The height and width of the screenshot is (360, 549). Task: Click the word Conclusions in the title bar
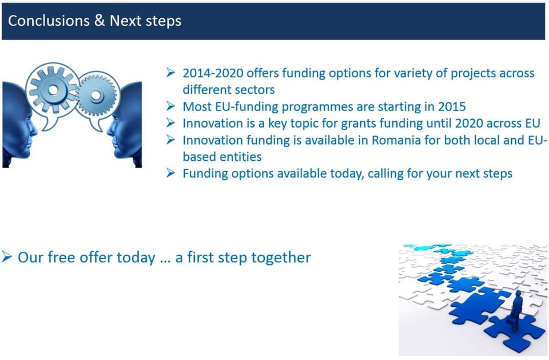(49, 21)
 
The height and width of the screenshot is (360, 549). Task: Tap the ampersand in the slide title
(100, 21)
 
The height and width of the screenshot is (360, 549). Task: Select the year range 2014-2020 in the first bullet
(213, 73)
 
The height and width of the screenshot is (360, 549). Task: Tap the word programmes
(317, 107)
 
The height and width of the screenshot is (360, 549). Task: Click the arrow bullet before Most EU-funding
(170, 106)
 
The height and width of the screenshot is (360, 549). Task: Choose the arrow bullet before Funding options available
(170, 173)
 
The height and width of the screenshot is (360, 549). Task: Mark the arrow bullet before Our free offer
(7, 257)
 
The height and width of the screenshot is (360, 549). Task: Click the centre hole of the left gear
(53, 90)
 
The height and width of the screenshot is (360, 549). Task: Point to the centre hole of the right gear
(96, 94)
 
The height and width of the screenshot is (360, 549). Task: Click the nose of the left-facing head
(35, 130)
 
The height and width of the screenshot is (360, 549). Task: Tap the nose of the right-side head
(109, 130)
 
